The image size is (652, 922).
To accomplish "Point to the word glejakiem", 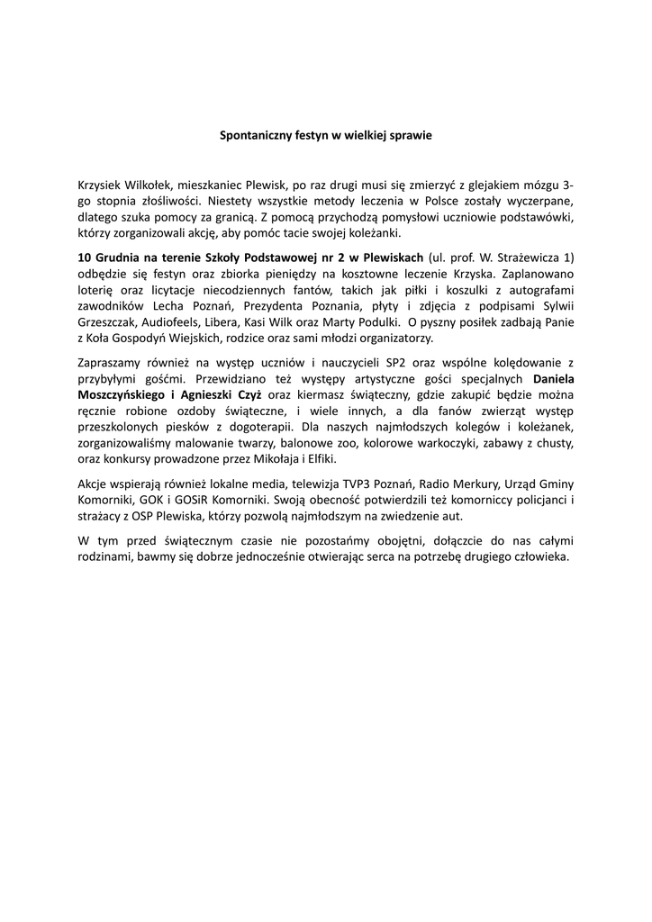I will (x=501, y=184).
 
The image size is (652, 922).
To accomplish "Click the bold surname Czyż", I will (x=247, y=394).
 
